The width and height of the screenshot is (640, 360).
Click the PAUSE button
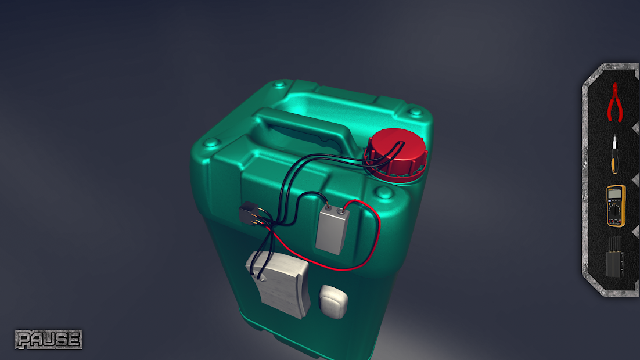pyautogui.click(x=49, y=339)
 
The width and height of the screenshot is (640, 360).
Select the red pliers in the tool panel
pyautogui.click(x=614, y=102)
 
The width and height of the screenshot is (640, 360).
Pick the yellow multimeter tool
pyautogui.click(x=616, y=206)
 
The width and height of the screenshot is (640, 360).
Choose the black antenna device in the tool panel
pyautogui.click(x=614, y=257)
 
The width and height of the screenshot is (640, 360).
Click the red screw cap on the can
pyautogui.click(x=395, y=155)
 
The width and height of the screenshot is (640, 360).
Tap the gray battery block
pyautogui.click(x=332, y=229)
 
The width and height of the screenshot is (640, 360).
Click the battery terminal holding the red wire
pyautogui.click(x=340, y=211)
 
